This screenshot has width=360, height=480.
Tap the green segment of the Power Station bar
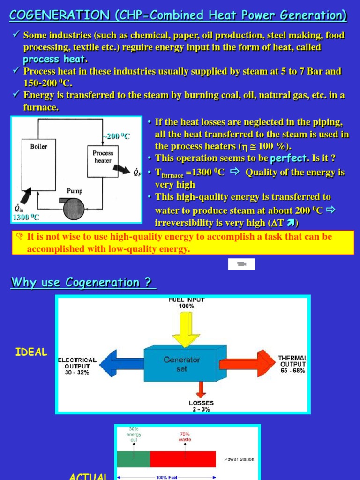(133, 459)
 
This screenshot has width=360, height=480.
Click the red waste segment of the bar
(183, 459)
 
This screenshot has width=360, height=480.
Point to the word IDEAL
(31, 352)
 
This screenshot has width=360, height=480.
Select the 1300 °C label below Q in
(26, 217)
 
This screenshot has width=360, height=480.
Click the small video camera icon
(241, 264)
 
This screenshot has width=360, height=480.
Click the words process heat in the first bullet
(55, 60)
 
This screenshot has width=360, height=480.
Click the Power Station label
(239, 459)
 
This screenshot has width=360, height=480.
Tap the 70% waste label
(185, 437)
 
